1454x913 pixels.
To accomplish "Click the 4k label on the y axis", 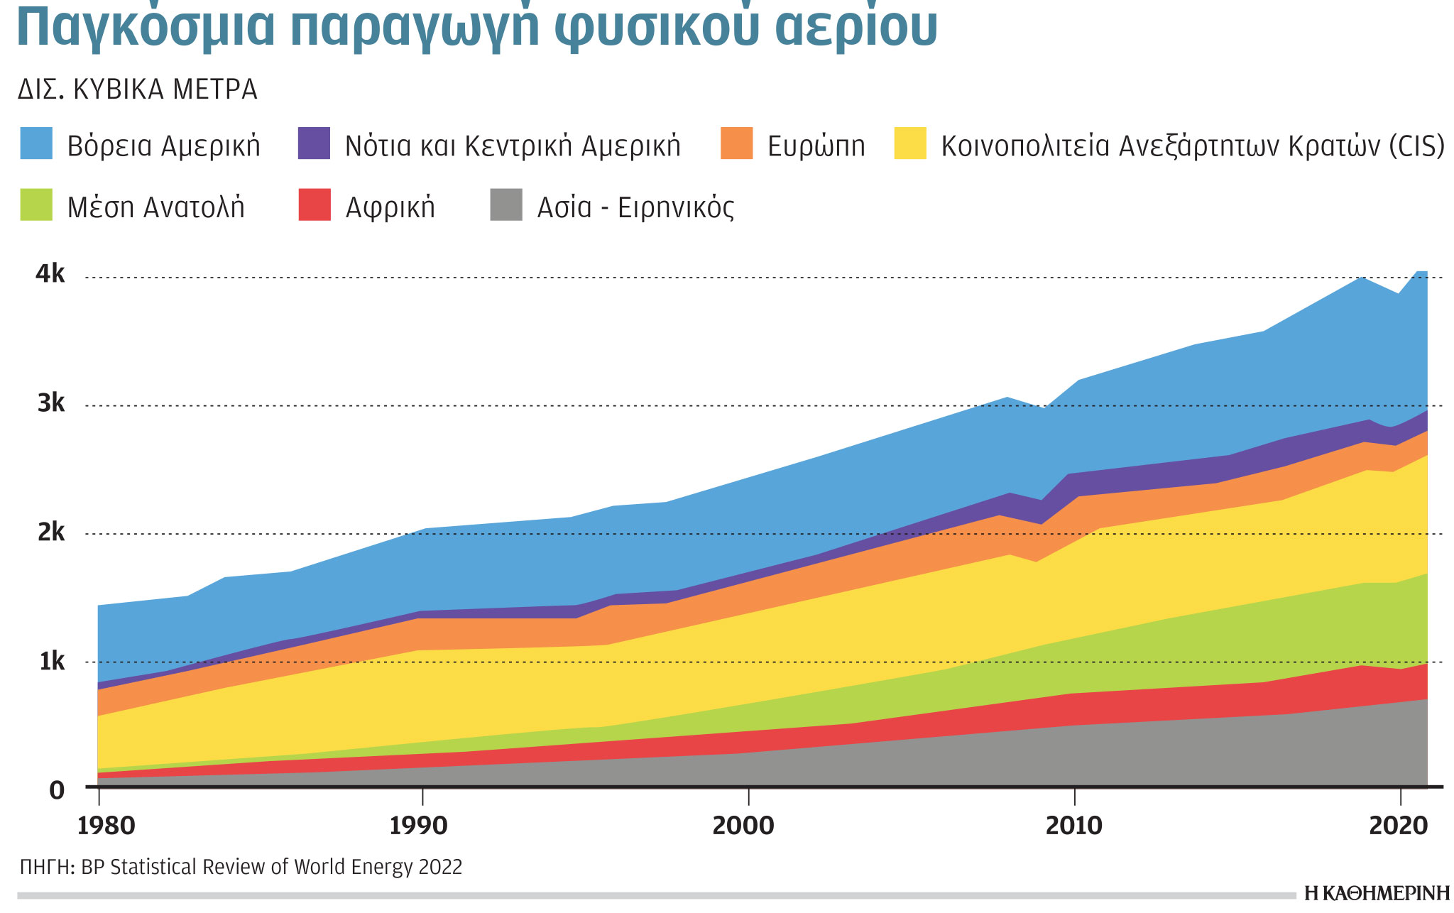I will (50, 273).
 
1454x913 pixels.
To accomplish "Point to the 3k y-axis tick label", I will (50, 403).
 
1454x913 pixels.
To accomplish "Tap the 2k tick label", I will (50, 532).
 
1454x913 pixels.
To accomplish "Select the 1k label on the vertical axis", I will (51, 662).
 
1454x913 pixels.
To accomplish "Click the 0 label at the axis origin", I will (57, 790).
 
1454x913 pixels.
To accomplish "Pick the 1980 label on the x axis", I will (106, 826).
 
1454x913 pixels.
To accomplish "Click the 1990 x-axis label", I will (420, 826).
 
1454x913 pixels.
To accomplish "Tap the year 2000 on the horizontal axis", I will (743, 826).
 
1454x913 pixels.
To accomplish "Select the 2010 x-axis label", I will (1073, 826).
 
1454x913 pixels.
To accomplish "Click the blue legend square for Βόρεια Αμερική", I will (36, 144).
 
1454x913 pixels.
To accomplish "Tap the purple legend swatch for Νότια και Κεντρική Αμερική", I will (314, 144).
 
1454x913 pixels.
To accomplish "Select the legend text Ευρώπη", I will (816, 146).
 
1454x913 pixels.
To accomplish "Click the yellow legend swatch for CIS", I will (910, 144).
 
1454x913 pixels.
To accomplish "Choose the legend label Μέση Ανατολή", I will (155, 207).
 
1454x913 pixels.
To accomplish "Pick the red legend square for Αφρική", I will (315, 205).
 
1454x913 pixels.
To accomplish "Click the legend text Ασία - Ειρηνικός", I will (635, 207).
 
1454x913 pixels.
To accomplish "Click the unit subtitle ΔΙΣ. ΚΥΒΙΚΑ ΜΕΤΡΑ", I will (138, 90).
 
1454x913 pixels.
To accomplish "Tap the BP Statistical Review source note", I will (241, 867).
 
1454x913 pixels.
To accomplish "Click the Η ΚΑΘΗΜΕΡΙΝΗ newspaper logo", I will (1377, 894).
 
